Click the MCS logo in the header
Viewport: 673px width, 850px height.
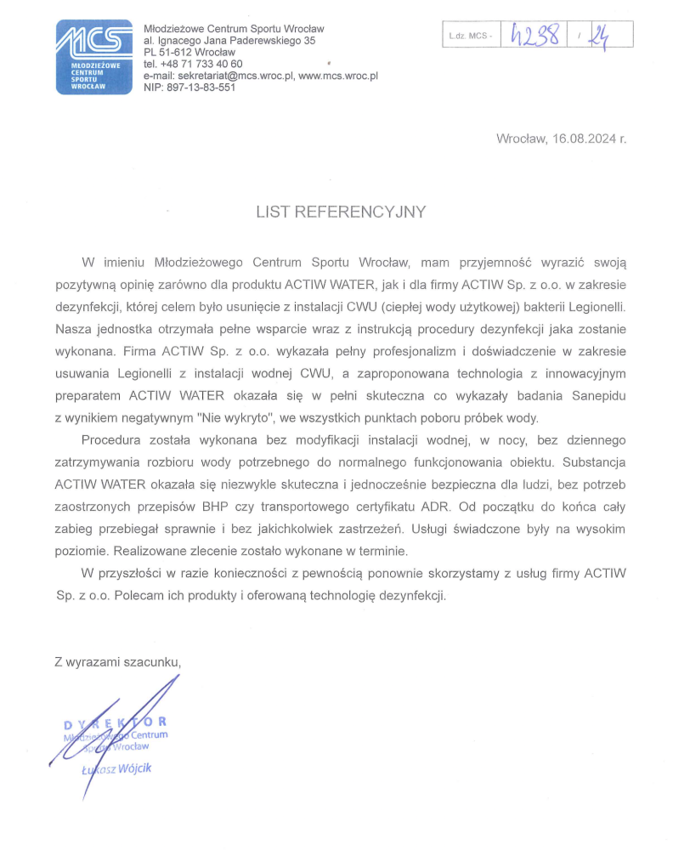93,56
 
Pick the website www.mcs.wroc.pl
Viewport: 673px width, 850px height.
338,76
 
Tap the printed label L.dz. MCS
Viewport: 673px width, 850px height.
470,36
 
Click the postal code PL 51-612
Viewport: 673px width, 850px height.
170,52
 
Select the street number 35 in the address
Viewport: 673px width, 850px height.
308,40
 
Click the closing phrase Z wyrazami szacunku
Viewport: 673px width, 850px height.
117,661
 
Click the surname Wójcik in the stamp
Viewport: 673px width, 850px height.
134,768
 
